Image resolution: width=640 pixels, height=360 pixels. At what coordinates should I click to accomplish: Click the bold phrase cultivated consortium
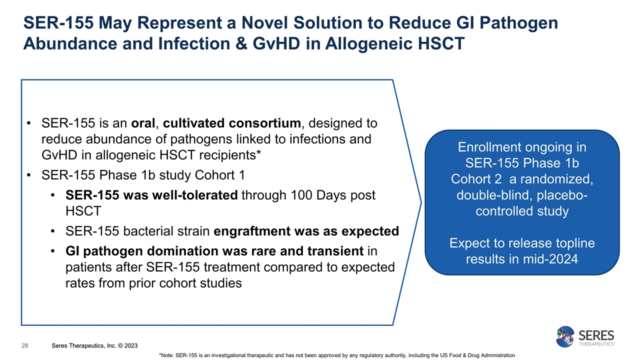232,123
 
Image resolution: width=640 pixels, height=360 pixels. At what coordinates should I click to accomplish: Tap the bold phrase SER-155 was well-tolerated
151,195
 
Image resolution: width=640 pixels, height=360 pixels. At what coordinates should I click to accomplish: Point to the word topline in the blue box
571,243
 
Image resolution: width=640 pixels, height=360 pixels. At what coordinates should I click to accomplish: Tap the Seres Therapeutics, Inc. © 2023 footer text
95,346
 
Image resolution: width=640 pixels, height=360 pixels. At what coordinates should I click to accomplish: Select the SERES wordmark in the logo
596,334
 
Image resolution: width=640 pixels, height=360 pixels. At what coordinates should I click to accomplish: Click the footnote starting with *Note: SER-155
336,355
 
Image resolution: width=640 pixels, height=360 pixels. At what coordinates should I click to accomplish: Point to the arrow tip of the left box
421,202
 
